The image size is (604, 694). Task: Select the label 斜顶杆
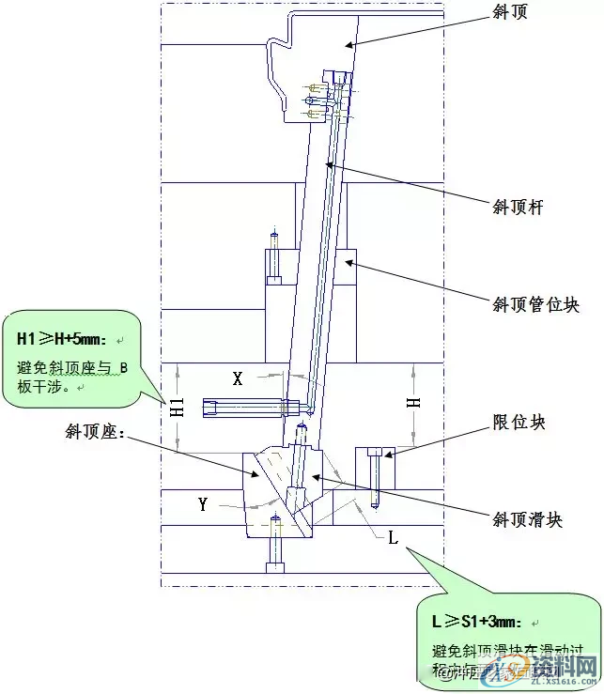pyautogui.click(x=519, y=207)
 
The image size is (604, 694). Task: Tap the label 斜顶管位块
pyautogui.click(x=536, y=304)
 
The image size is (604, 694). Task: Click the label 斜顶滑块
pyautogui.click(x=528, y=519)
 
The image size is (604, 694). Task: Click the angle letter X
pyautogui.click(x=238, y=378)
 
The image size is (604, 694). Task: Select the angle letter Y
pyautogui.click(x=202, y=504)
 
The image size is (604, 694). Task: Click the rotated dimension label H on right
pyautogui.click(x=413, y=402)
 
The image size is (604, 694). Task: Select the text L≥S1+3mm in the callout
pyautogui.click(x=477, y=622)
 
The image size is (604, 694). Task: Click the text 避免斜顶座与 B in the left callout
pyautogui.click(x=71, y=366)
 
